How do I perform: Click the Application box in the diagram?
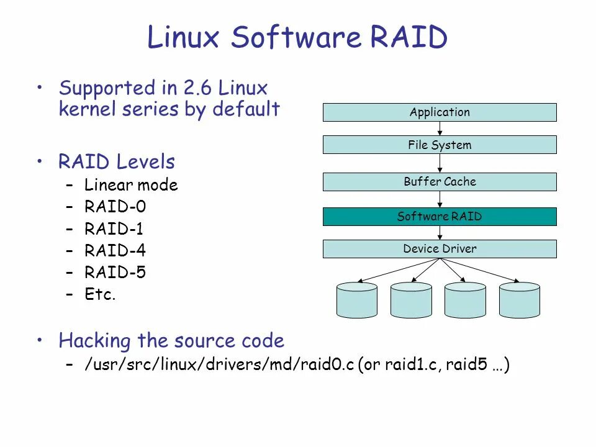[x=440, y=112]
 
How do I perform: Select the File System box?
[x=440, y=145]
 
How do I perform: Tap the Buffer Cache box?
[x=440, y=182]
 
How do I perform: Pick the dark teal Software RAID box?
[x=440, y=217]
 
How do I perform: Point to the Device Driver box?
[x=440, y=249]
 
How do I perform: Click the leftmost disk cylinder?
[x=357, y=300]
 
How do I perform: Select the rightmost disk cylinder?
[x=520, y=300]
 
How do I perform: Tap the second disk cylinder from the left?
[x=411, y=300]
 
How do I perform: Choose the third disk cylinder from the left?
[x=465, y=300]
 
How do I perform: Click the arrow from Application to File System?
[x=440, y=129]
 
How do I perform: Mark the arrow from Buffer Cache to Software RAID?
[x=440, y=199]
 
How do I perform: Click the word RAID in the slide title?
[x=409, y=38]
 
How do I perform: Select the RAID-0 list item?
[x=115, y=207]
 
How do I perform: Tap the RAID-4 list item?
[x=115, y=251]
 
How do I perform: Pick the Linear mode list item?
[x=131, y=185]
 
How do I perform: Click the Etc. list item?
[x=101, y=294]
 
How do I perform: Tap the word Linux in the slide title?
[x=184, y=38]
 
